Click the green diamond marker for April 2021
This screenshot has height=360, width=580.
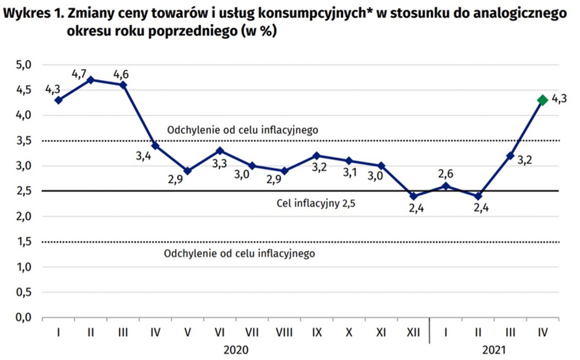pos(542,100)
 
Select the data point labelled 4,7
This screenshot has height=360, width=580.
pos(91,80)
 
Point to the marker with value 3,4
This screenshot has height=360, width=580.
pos(155,145)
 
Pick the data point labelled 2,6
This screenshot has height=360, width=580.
pos(446,186)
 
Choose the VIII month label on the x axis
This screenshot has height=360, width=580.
pos(284,333)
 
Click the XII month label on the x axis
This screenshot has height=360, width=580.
pos(413,333)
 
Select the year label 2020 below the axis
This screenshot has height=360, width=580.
pos(236,350)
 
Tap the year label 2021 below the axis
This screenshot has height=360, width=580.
pos(494,350)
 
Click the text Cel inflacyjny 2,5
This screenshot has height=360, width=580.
pos(316,203)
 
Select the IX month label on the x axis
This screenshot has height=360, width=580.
pos(317,333)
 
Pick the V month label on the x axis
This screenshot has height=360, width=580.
pos(187,333)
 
